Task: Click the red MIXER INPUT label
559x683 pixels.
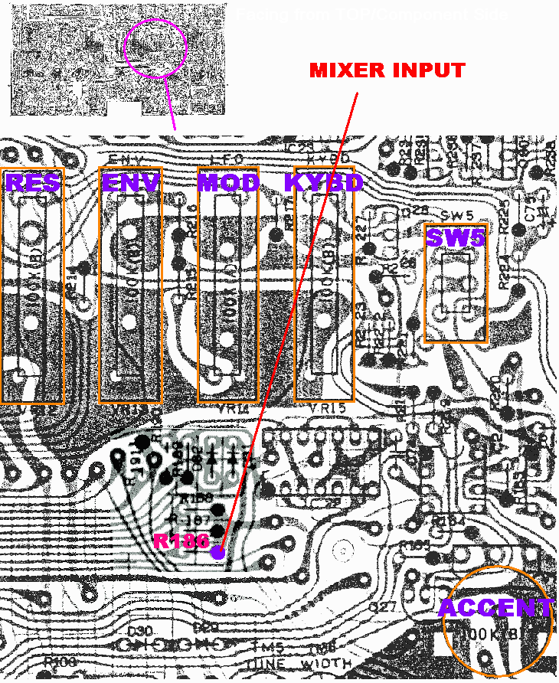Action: pyautogui.click(x=387, y=70)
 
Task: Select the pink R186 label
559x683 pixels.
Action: pyautogui.click(x=181, y=541)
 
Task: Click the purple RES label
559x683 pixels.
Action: pyautogui.click(x=32, y=182)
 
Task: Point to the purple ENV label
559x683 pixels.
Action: pyautogui.click(x=131, y=182)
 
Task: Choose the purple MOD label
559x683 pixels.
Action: pyautogui.click(x=228, y=182)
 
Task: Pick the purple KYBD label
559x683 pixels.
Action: pyautogui.click(x=322, y=182)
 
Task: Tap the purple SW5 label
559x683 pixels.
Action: pyautogui.click(x=456, y=238)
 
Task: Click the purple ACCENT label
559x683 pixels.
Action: pyautogui.click(x=495, y=609)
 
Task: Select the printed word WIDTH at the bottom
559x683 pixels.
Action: pyautogui.click(x=327, y=663)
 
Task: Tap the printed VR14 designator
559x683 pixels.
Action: pyautogui.click(x=227, y=410)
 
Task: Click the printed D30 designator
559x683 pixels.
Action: pyautogui.click(x=138, y=629)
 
